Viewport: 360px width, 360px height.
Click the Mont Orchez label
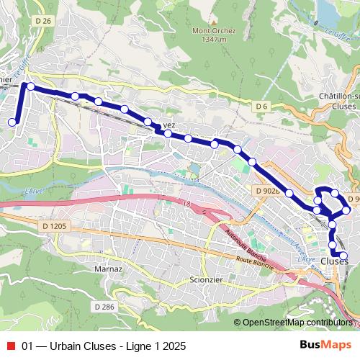210,30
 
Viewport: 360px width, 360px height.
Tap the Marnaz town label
108,269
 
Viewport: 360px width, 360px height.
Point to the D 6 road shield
261,107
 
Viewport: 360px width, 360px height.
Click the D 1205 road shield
54,226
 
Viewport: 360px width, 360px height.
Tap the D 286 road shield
104,307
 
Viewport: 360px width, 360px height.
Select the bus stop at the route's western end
12,122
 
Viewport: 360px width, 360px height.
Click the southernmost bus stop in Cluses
343,256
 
